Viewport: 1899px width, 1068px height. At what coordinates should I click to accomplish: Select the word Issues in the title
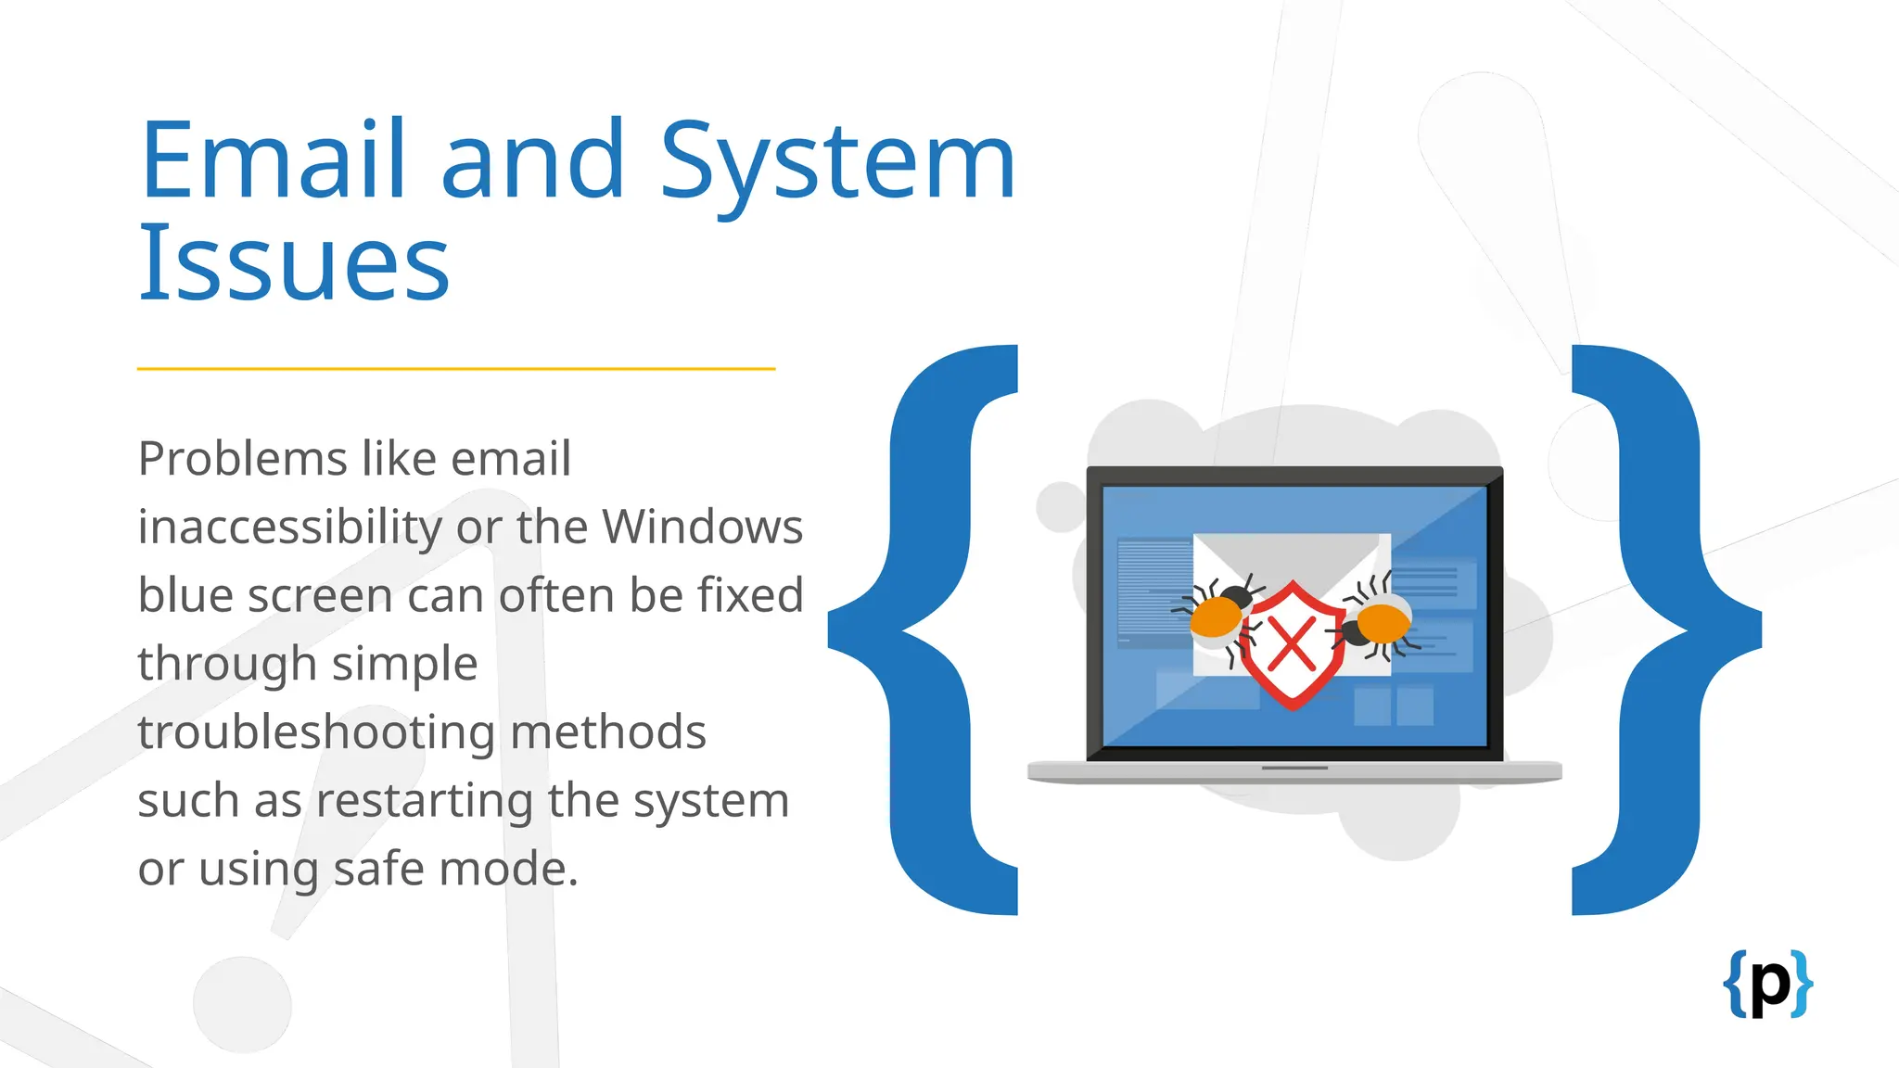click(294, 263)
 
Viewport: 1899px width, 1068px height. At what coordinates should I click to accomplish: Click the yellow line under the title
click(455, 369)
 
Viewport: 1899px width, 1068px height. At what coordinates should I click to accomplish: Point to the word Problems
click(242, 459)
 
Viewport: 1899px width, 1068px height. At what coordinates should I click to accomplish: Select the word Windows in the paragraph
click(702, 527)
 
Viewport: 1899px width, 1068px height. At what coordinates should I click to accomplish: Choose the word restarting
click(424, 801)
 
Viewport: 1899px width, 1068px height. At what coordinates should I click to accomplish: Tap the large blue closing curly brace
click(1660, 630)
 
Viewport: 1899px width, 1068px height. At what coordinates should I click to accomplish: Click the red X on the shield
click(1292, 644)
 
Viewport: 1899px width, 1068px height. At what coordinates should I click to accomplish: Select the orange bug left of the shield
click(1217, 615)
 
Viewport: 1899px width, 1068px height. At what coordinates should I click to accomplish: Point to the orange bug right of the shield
click(1382, 623)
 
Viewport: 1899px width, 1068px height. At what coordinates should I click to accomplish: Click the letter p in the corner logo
click(1770, 985)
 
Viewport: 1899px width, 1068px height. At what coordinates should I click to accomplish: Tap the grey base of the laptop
click(1294, 771)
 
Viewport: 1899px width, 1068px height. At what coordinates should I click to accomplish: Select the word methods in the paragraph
click(608, 732)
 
